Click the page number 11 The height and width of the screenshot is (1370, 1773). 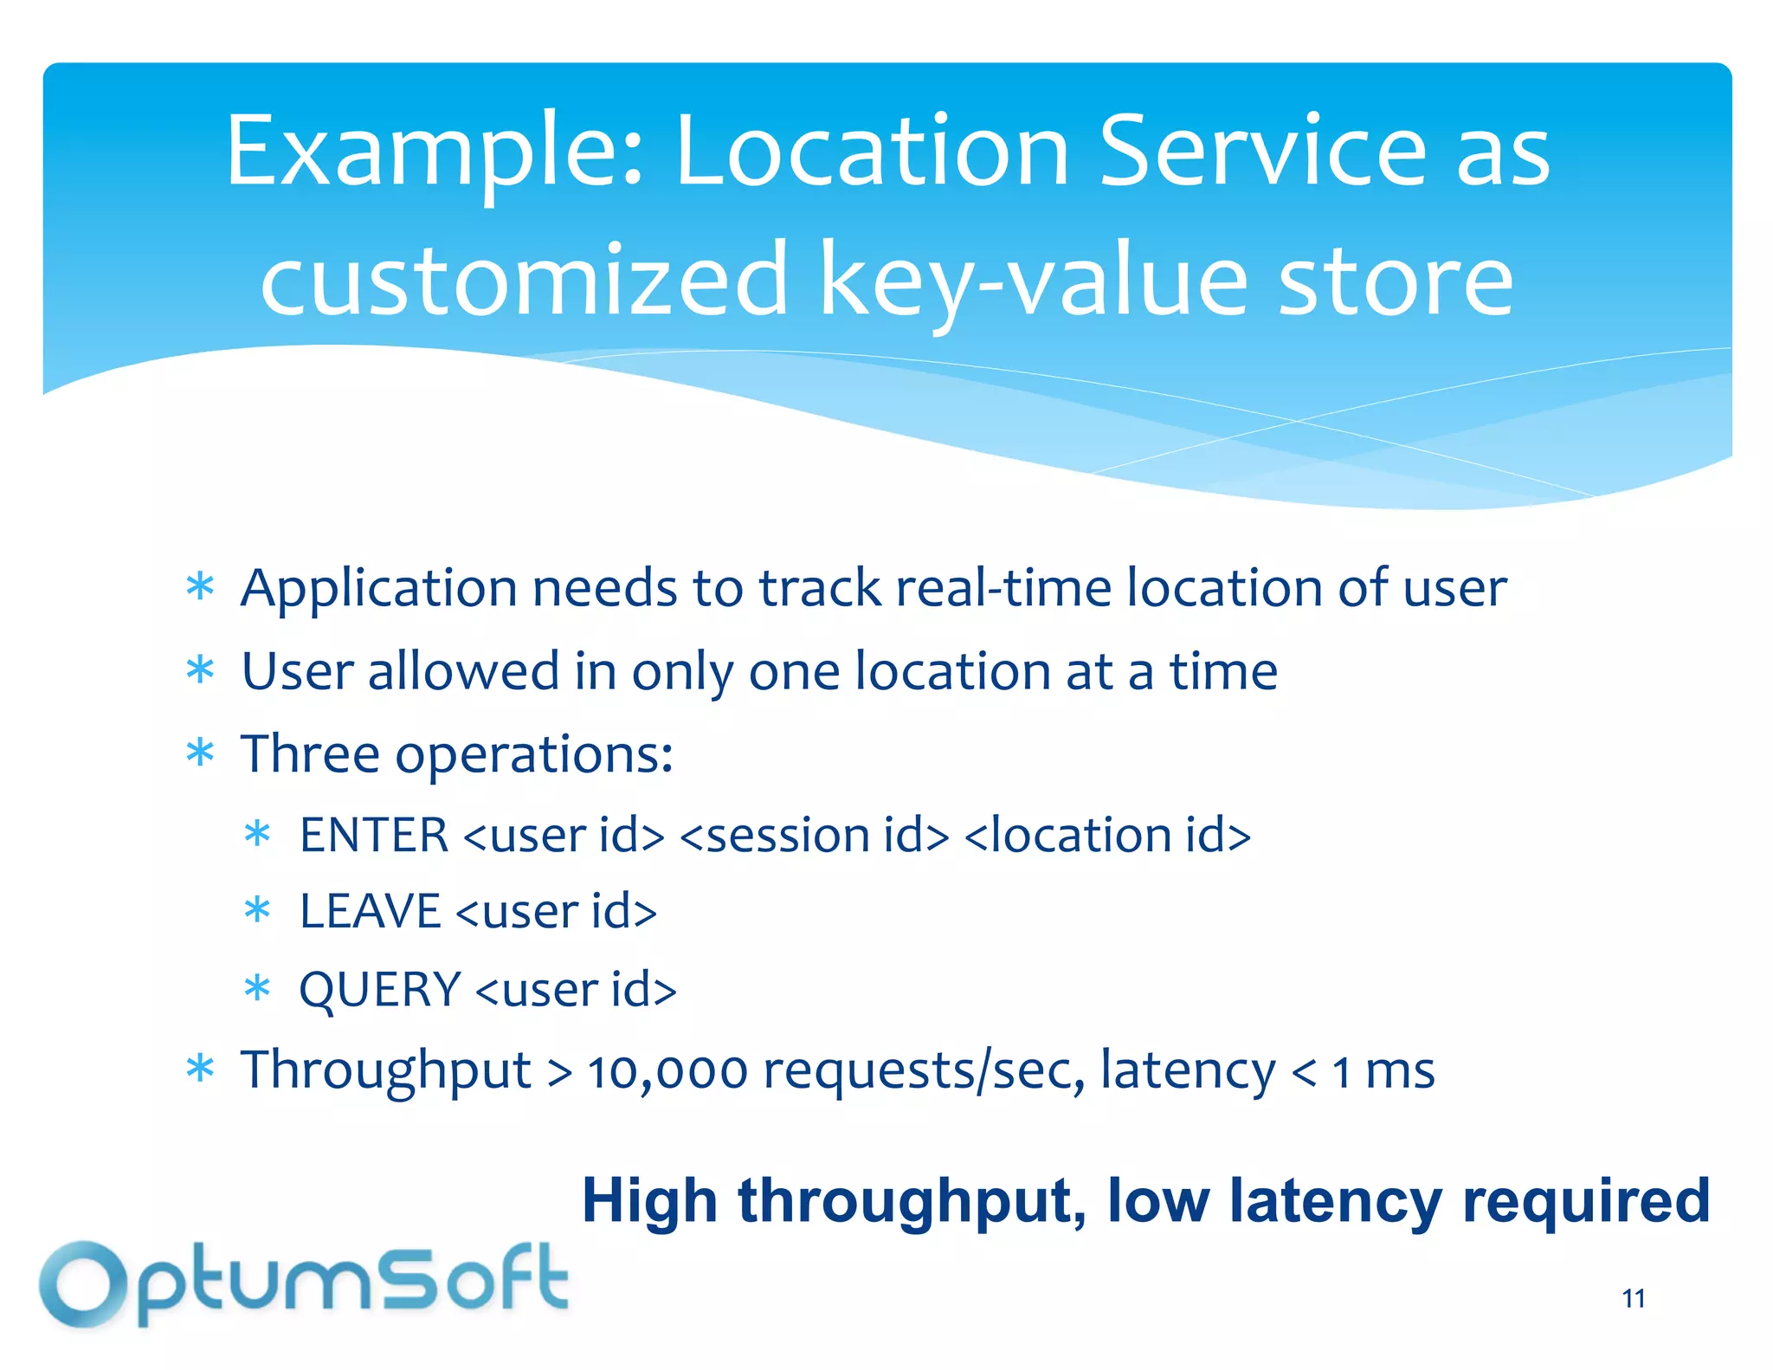[x=1633, y=1298]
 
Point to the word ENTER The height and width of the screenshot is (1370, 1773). [x=373, y=836]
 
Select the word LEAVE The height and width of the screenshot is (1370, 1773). [x=370, y=912]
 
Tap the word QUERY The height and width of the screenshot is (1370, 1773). [x=379, y=989]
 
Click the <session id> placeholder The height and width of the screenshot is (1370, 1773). [x=814, y=836]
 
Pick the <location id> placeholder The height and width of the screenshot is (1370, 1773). [x=1107, y=836]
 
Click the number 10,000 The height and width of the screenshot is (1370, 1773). [x=667, y=1071]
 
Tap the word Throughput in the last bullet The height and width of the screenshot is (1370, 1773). [x=385, y=1071]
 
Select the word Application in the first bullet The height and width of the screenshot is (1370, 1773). [x=378, y=590]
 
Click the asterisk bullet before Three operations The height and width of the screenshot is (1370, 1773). [x=200, y=753]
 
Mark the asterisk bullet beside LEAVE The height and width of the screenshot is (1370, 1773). [x=257, y=911]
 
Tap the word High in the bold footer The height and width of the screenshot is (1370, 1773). [x=649, y=1201]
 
